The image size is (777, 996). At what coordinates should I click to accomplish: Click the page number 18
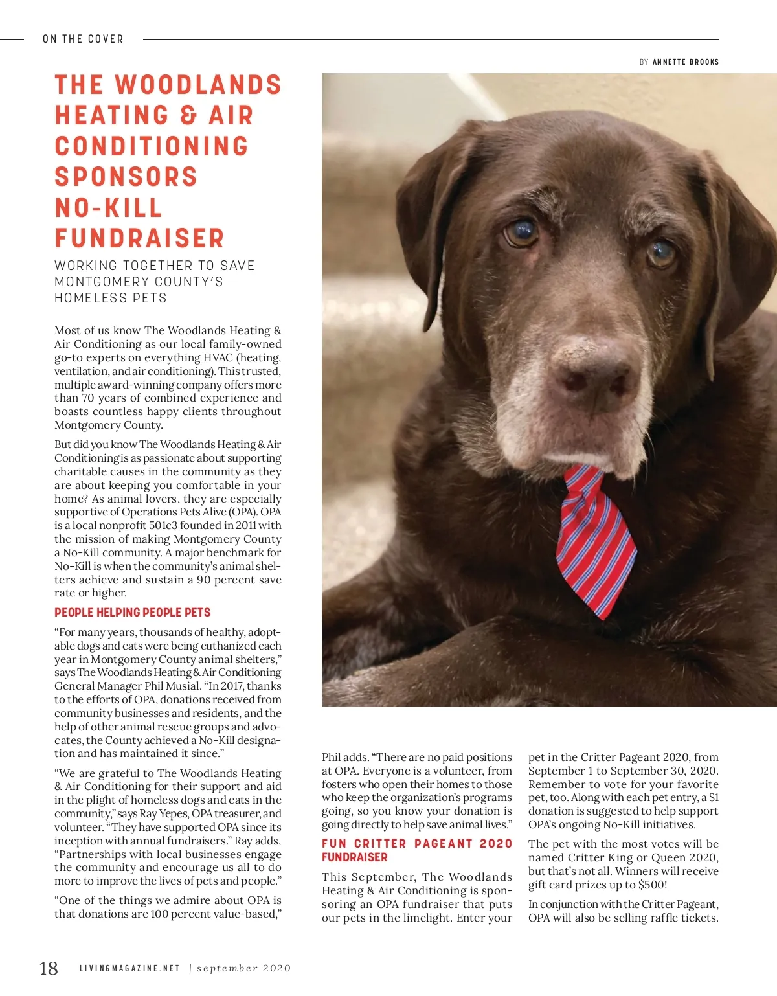49,968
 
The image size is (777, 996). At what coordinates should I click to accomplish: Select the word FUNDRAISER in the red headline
139,238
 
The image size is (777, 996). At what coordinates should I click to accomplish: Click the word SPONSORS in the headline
126,177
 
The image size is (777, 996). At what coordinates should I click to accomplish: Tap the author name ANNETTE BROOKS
685,62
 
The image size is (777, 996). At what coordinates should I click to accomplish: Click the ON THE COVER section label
83,39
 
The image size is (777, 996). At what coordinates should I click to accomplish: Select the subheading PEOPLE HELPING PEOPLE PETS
132,613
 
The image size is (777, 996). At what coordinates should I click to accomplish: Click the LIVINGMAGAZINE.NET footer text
129,968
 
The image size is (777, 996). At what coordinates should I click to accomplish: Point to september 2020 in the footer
243,968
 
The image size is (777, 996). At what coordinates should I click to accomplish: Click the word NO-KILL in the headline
108,208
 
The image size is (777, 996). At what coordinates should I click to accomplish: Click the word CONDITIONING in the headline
152,146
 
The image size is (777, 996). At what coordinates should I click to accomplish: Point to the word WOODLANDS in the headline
198,85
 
